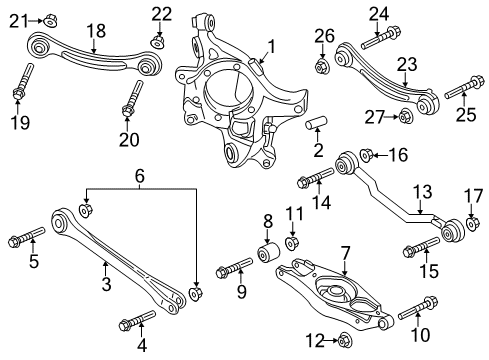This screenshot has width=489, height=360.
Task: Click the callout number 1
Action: click(x=269, y=47)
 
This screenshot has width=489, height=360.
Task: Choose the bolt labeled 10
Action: click(x=416, y=304)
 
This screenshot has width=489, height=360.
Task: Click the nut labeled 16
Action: click(x=365, y=155)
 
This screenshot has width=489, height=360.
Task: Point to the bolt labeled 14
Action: click(x=311, y=181)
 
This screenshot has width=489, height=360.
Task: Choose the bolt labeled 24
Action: click(x=376, y=40)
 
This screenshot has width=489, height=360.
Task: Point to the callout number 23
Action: click(x=378, y=64)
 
